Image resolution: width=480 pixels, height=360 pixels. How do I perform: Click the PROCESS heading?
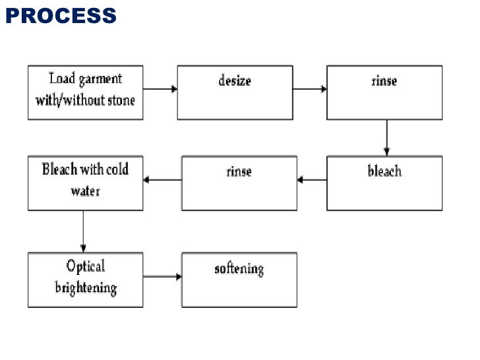pyautogui.click(x=61, y=15)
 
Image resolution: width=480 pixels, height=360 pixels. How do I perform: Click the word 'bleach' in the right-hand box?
pyautogui.click(x=384, y=171)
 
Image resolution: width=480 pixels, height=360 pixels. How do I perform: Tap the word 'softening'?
pyautogui.click(x=239, y=269)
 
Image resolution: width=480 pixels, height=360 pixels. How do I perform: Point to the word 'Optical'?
pyautogui.click(x=85, y=266)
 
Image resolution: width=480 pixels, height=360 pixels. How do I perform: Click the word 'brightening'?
pyautogui.click(x=86, y=288)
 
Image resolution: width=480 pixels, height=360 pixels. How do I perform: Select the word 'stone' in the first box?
pyautogui.click(x=121, y=100)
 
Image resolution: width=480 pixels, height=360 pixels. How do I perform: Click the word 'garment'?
pyautogui.click(x=101, y=80)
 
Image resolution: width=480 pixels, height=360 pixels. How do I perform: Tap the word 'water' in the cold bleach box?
pyautogui.click(x=85, y=192)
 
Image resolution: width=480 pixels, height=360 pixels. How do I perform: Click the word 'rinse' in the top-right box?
pyautogui.click(x=384, y=80)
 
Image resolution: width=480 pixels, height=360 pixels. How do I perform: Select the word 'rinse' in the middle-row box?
pyautogui.click(x=239, y=171)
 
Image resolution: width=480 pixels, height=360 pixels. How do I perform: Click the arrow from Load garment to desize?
pyautogui.click(x=160, y=89)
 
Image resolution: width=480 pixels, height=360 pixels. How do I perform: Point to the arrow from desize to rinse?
pyautogui.click(x=310, y=89)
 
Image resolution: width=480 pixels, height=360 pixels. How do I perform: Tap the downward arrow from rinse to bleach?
pyautogui.click(x=386, y=137)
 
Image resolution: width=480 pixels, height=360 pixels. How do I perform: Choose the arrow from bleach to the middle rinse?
pyautogui.click(x=312, y=179)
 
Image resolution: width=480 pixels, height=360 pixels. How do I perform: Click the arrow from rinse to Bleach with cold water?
pyautogui.click(x=162, y=179)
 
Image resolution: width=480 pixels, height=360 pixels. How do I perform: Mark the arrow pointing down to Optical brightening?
pyautogui.click(x=83, y=231)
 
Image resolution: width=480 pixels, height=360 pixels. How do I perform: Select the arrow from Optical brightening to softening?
pyautogui.click(x=162, y=276)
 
